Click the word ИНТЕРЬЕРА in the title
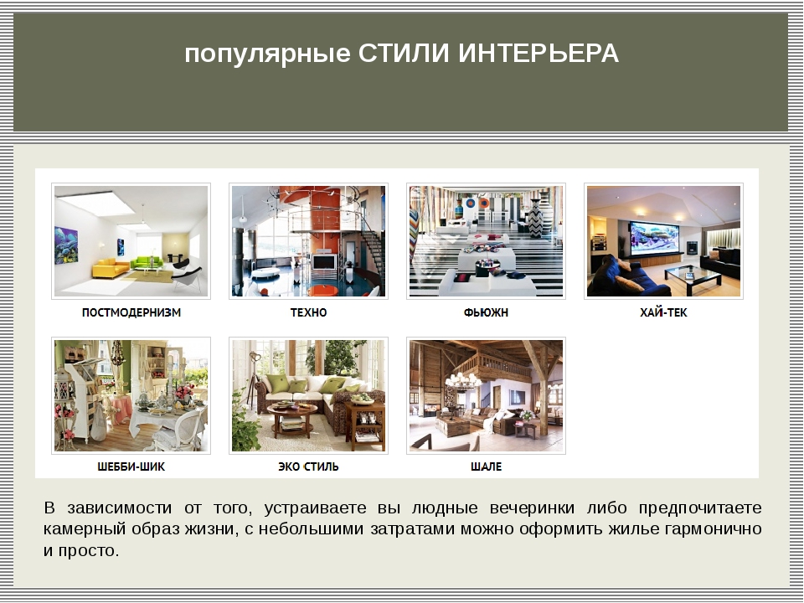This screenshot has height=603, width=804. pos(539,54)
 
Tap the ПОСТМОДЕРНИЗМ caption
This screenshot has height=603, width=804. pos(131,312)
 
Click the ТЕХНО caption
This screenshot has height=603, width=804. pos(308,312)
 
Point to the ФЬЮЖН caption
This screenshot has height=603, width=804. pos(486,312)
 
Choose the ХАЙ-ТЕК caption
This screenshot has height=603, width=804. pos(663,312)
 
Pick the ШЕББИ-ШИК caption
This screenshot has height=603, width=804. pos(131,466)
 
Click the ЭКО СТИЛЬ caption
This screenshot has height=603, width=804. pos(308,466)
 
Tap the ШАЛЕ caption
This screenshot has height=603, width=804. pos(486,466)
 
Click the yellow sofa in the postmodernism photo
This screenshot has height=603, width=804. pos(111,268)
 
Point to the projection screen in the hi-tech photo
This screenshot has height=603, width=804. pos(654,237)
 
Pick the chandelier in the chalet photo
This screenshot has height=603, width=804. pos(462,379)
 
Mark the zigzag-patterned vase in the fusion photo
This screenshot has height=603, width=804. pos(535,219)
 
